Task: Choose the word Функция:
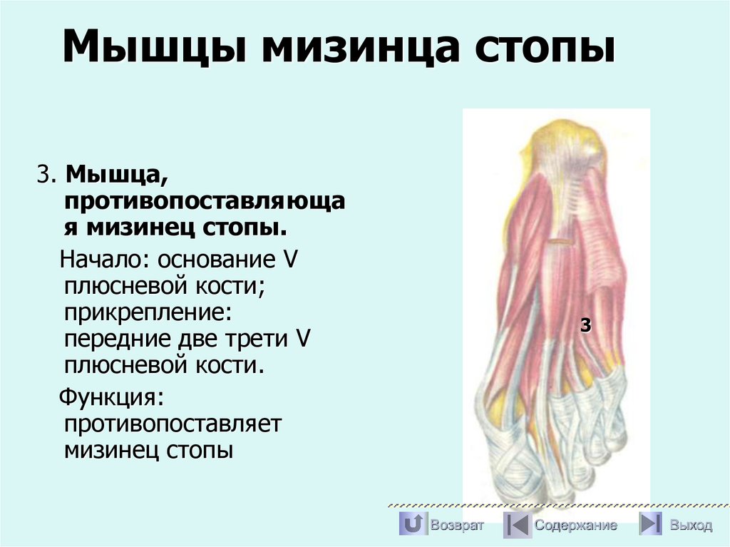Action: coord(112,396)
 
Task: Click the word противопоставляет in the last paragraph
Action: coord(173,423)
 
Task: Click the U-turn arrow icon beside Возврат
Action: coord(413,524)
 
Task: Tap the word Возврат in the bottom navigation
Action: coord(457,526)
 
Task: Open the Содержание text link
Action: coord(576,526)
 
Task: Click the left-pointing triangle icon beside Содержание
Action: coord(516,524)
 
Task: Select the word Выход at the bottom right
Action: coord(690,526)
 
